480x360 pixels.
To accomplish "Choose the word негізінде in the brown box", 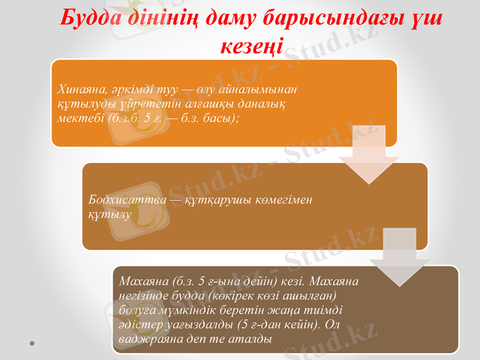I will tap(145, 295).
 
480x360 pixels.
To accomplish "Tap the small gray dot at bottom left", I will tap(31, 343).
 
